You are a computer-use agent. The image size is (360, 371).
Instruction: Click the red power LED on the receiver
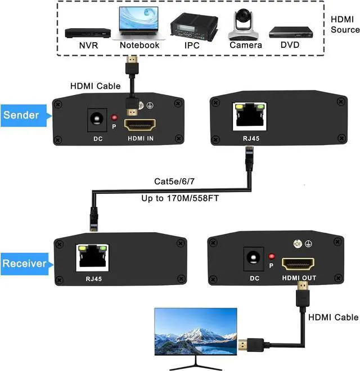(272, 255)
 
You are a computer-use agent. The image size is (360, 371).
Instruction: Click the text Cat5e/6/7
(175, 182)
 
